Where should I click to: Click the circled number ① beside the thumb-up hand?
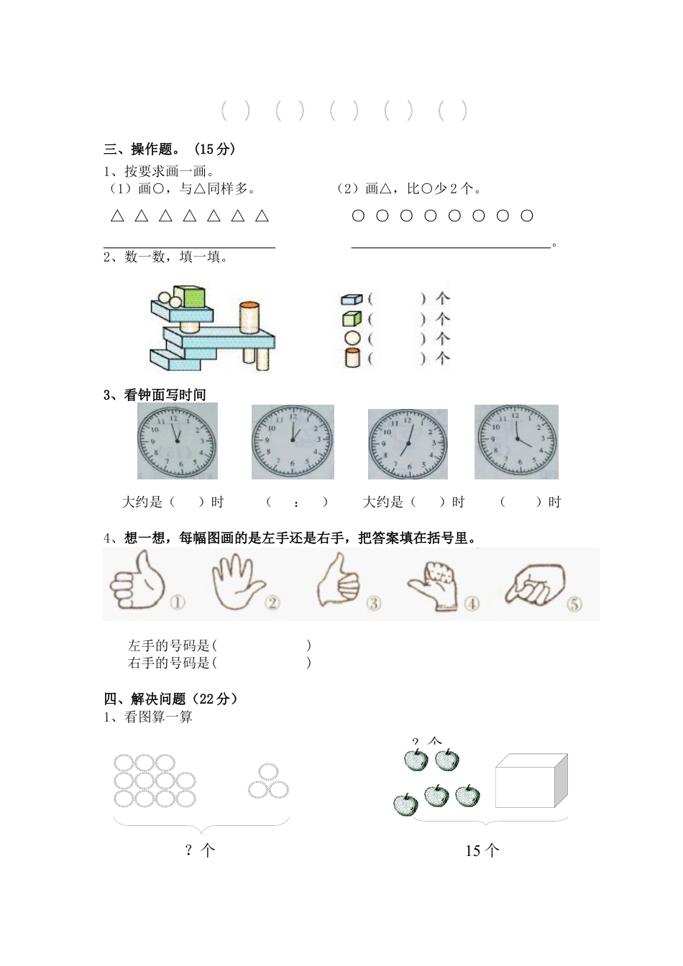pyautogui.click(x=177, y=602)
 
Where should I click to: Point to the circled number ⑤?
pyautogui.click(x=574, y=604)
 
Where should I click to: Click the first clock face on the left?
pyautogui.click(x=177, y=441)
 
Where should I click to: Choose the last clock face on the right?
pyautogui.click(x=516, y=441)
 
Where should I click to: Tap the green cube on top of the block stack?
pyautogui.click(x=190, y=297)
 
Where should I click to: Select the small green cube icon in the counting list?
pyautogui.click(x=351, y=318)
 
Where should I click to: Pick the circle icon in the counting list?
pyautogui.click(x=352, y=338)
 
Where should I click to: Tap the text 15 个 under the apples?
pyautogui.click(x=482, y=851)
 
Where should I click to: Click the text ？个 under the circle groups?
pyautogui.click(x=199, y=851)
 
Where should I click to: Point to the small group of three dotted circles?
pyautogui.click(x=268, y=782)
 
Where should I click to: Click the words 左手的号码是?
pyautogui.click(x=169, y=645)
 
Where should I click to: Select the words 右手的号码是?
pyautogui.click(x=169, y=663)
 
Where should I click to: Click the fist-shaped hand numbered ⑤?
pyautogui.click(x=534, y=583)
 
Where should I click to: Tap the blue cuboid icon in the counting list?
pyautogui.click(x=351, y=298)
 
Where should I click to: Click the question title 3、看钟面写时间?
pyautogui.click(x=155, y=395)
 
